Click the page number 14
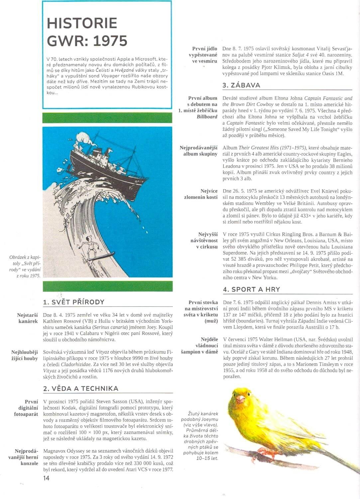[x=46, y=478]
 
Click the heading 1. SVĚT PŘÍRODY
[x=74, y=302]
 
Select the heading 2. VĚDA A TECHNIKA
[x=81, y=388]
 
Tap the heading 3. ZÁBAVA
[x=241, y=85]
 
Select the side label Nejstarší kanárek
[x=28, y=318]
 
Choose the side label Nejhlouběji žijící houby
[x=25, y=355]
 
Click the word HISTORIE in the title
[x=82, y=23]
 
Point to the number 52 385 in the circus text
[x=235, y=259]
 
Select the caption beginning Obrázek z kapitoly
[x=26, y=266]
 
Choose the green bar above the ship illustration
[x=107, y=118]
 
